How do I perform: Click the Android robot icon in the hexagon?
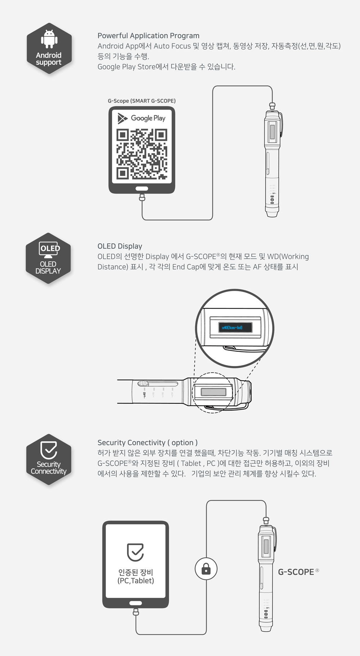pyautogui.click(x=49, y=39)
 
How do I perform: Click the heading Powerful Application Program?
pyautogui.click(x=148, y=36)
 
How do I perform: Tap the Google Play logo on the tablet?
pyautogui.click(x=141, y=118)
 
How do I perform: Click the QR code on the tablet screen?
pyautogui.click(x=141, y=154)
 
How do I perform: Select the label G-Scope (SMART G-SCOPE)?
pyautogui.click(x=141, y=101)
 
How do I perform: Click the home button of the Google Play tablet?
pyautogui.click(x=141, y=189)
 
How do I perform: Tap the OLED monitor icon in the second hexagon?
pyautogui.click(x=49, y=249)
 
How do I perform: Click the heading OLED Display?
pyautogui.click(x=120, y=246)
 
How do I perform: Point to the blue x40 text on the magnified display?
pyautogui.click(x=232, y=327)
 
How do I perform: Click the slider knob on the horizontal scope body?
pyautogui.click(x=143, y=384)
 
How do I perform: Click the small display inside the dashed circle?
pyautogui.click(x=213, y=392)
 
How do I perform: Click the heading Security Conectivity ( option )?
pyautogui.click(x=147, y=443)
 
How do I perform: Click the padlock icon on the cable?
pyautogui.click(x=206, y=569)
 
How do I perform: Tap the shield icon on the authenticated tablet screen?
pyautogui.click(x=135, y=552)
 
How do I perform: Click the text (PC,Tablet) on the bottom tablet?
pyautogui.click(x=135, y=580)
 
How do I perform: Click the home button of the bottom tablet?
pyautogui.click(x=135, y=603)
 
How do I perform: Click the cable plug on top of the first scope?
pyautogui.click(x=272, y=106)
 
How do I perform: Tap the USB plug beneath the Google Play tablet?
pyautogui.click(x=142, y=197)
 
